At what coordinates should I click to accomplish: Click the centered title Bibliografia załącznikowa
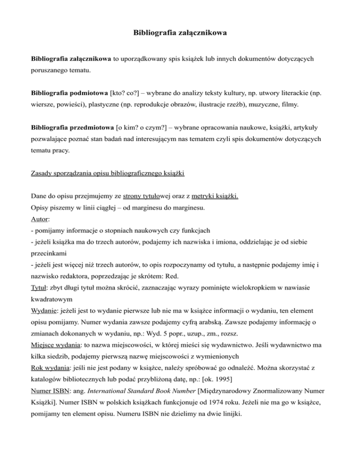[180, 34]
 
